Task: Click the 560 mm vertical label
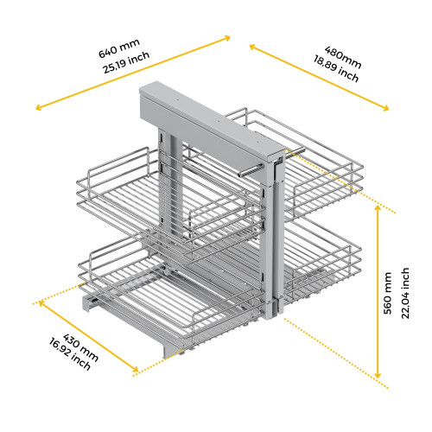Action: coord(389,296)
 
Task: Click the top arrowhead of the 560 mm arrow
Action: coord(378,211)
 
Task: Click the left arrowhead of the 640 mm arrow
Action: coord(38,108)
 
